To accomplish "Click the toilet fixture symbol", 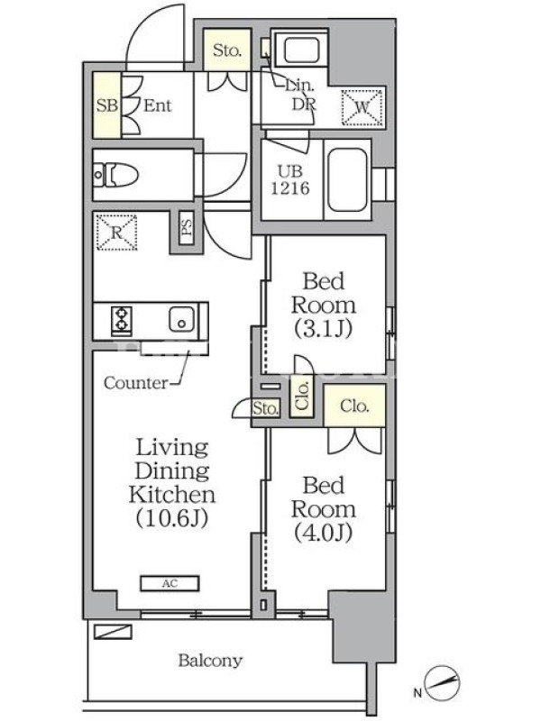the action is click(116, 175).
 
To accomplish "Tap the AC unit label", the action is click(170, 583).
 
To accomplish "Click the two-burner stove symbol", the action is click(122, 319).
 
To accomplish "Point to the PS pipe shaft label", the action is click(187, 227).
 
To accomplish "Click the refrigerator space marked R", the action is click(116, 233).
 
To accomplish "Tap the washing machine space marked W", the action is click(362, 107).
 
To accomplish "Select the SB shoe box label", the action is click(106, 105).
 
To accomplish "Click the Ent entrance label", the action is click(157, 105).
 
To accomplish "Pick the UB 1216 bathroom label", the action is click(290, 179).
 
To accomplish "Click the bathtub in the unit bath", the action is click(348, 179).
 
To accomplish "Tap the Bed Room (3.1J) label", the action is click(324, 305).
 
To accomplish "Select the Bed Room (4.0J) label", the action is click(324, 509).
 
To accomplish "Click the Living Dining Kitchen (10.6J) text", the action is click(172, 482).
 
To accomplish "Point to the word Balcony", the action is click(210, 661).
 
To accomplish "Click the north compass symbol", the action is click(442, 682).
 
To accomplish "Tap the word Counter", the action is click(136, 382).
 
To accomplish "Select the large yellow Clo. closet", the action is click(354, 406).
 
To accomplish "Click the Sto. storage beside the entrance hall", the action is click(227, 50).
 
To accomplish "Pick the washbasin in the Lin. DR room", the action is click(301, 50).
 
